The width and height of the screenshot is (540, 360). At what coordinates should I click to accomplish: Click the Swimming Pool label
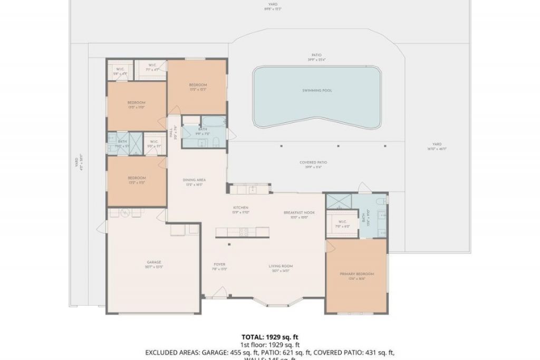pos(317,91)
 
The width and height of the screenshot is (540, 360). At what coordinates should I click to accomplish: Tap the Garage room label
pos(153,262)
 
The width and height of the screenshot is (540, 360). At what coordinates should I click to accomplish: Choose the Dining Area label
pos(194,180)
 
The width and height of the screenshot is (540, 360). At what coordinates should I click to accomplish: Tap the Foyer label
pos(219,264)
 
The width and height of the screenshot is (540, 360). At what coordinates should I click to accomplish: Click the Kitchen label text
pos(241,208)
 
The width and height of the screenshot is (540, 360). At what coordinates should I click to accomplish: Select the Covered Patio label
pos(313,162)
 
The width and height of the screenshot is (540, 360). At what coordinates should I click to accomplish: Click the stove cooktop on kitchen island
pos(244,231)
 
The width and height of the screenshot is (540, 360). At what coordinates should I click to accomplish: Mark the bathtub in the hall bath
pos(213,122)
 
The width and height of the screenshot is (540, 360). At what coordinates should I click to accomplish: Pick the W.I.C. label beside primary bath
pos(342,222)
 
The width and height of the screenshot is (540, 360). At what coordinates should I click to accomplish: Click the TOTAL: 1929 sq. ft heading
pos(273,337)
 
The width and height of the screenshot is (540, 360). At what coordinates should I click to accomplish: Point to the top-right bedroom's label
pos(198,85)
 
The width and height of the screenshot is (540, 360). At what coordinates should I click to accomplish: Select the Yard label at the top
pos(273,4)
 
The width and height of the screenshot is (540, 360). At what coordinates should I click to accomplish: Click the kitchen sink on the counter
pos(253,188)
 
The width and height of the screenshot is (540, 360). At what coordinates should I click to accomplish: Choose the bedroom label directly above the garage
pos(137,178)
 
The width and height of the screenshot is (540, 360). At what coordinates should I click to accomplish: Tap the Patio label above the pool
pos(316,55)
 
